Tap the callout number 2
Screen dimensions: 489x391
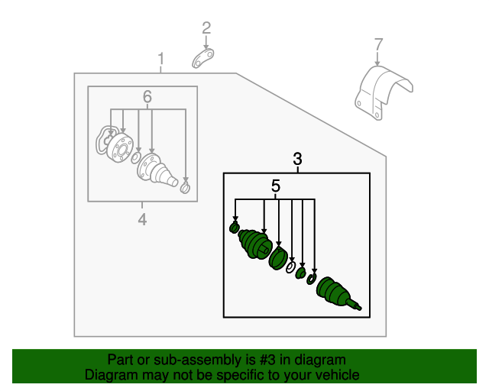point(206,28)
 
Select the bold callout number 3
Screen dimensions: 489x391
point(297,159)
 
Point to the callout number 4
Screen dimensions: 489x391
point(142,219)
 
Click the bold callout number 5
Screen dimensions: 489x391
point(276,186)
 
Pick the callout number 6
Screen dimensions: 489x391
point(147,97)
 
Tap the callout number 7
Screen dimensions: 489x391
point(378,44)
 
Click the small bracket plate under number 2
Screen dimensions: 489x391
point(203,58)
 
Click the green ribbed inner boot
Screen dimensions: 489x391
point(254,244)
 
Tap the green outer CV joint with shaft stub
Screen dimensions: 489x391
point(335,292)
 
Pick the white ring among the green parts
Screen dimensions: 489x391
point(290,267)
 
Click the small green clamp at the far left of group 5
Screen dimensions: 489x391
point(235,228)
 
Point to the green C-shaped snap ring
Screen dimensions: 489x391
point(312,279)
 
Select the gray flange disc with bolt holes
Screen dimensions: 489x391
point(120,147)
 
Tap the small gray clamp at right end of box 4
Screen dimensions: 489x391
point(185,188)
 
